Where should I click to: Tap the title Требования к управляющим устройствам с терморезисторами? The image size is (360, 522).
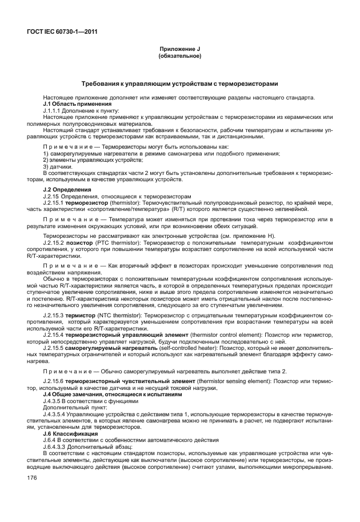pyautogui.click(x=179, y=83)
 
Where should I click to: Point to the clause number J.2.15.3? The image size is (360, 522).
pyautogui.click(x=54, y=315)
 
